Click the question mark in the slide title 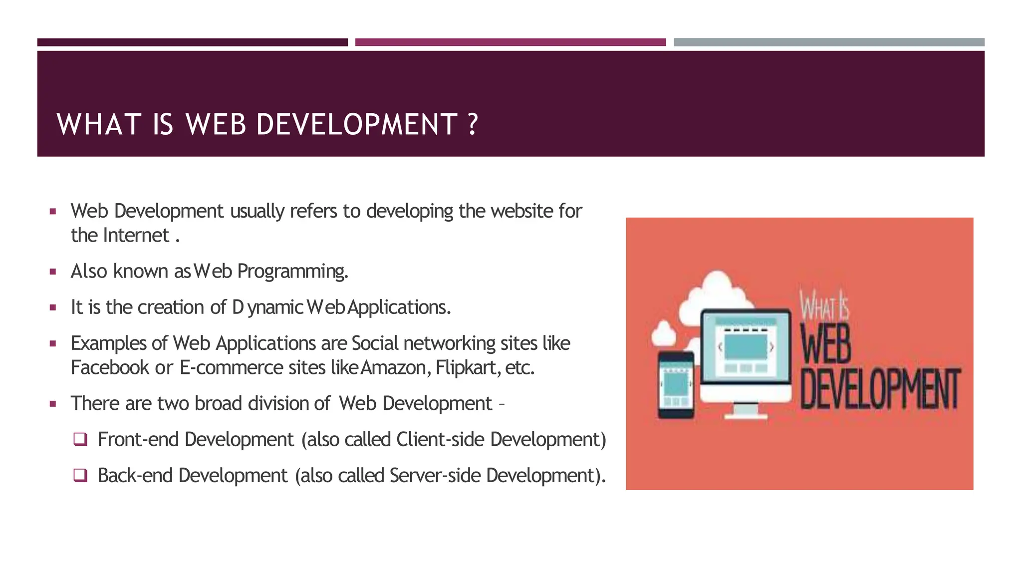pyautogui.click(x=473, y=124)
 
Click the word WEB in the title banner pyautogui.click(x=216, y=124)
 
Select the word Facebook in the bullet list pyautogui.click(x=110, y=368)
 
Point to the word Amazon pyautogui.click(x=393, y=368)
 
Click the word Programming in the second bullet pyautogui.click(x=292, y=272)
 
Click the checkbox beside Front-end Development pyautogui.click(x=80, y=439)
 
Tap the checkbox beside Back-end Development pyautogui.click(x=80, y=475)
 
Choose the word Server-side pyautogui.click(x=435, y=475)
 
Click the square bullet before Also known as pyautogui.click(x=53, y=272)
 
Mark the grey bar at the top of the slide pyautogui.click(x=829, y=42)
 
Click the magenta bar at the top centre pyautogui.click(x=510, y=42)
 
